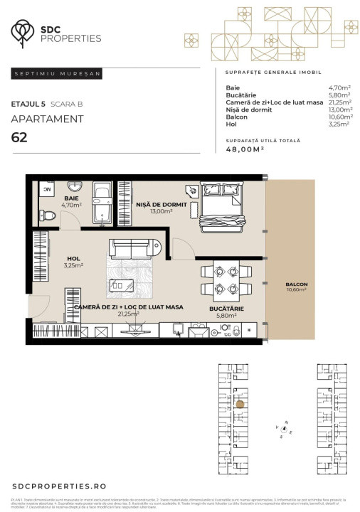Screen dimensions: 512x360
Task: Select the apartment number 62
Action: click(20, 137)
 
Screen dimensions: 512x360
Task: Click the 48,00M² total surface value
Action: click(245, 150)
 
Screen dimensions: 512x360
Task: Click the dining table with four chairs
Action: click(226, 279)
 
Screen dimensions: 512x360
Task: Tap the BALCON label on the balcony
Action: click(297, 284)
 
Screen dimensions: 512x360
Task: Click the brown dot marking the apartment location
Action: click(240, 403)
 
